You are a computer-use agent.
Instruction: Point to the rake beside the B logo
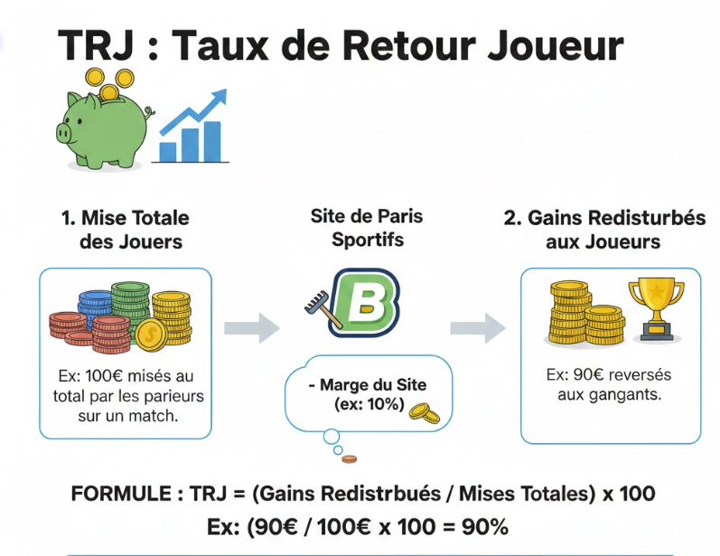[x=323, y=308]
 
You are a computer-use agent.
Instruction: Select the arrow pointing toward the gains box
[x=478, y=326]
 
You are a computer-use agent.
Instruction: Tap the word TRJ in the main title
[x=95, y=45]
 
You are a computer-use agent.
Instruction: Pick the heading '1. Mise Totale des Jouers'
[x=126, y=230]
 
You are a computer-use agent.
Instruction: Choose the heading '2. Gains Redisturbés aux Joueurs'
[x=603, y=230]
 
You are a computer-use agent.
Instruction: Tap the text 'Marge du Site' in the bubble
[x=372, y=385]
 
